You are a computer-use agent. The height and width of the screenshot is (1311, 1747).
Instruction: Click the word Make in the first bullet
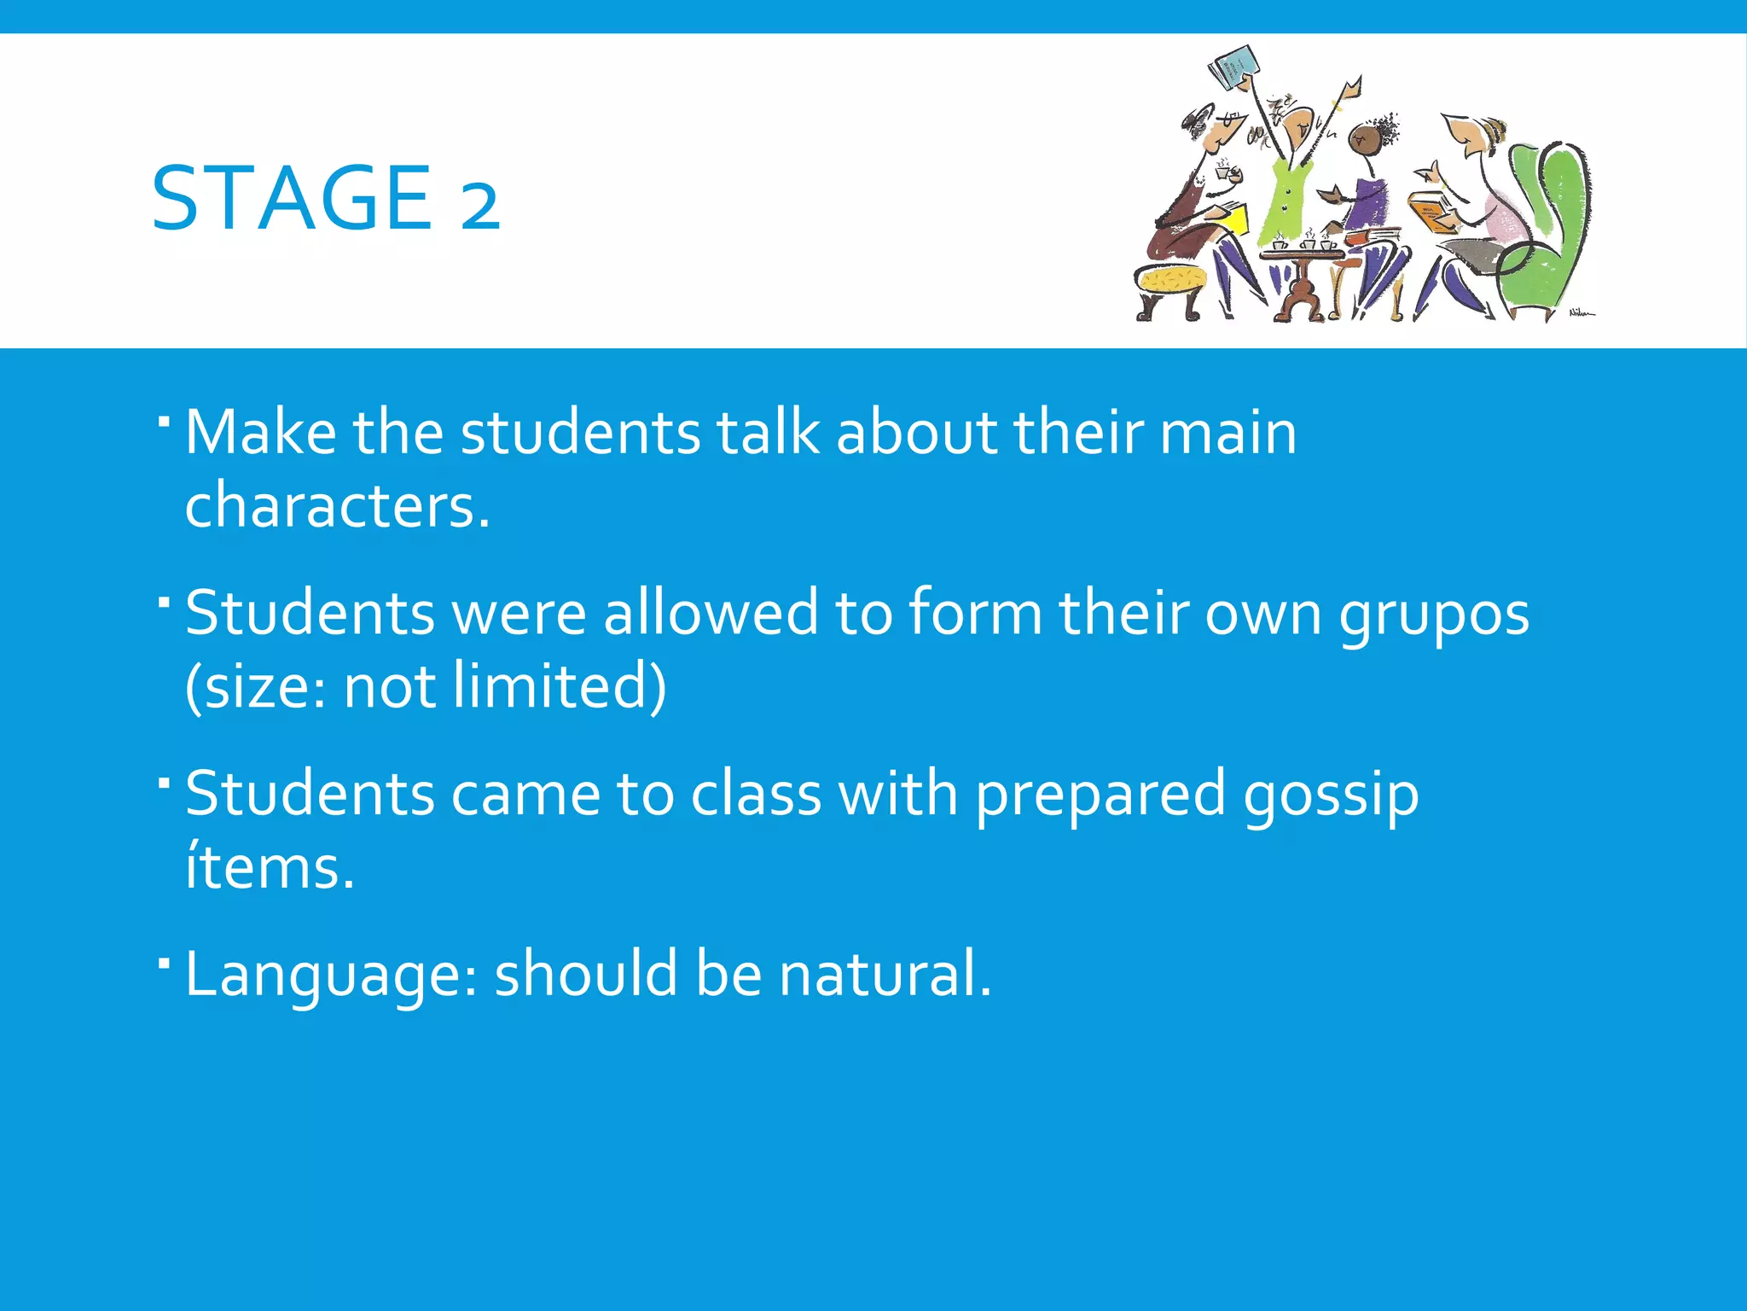click(x=260, y=432)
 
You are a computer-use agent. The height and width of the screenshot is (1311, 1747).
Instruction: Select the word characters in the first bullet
click(x=337, y=505)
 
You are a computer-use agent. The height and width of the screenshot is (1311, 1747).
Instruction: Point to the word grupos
click(x=1433, y=615)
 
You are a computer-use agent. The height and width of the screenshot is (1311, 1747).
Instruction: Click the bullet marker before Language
click(x=164, y=962)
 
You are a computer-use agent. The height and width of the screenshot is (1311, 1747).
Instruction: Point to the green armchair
click(x=1548, y=222)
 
